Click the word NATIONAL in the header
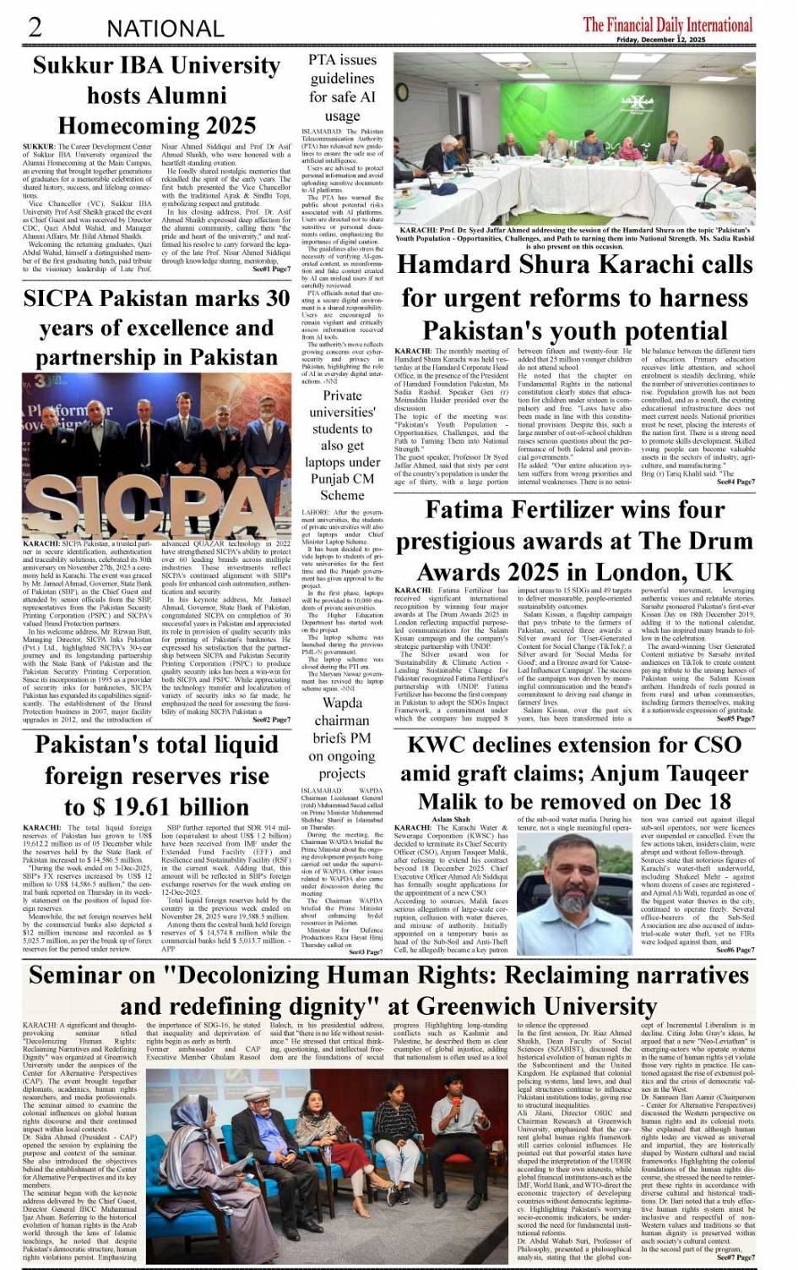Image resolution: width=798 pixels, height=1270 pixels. click(x=165, y=29)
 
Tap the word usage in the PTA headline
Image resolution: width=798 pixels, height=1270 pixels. click(x=342, y=116)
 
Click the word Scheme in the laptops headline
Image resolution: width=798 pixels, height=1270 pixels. click(x=341, y=496)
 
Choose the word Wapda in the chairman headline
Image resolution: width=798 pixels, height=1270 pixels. click(x=342, y=703)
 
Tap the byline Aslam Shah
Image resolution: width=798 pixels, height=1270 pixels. click(x=451, y=820)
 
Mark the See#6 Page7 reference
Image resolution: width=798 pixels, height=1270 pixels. click(x=736, y=951)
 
